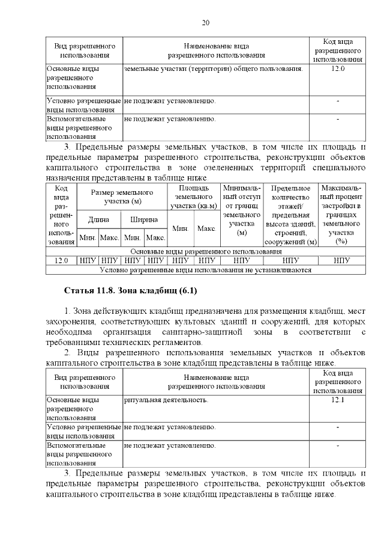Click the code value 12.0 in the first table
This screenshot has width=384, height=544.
pyautogui.click(x=337, y=69)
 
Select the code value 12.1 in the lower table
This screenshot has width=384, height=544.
pyautogui.click(x=337, y=400)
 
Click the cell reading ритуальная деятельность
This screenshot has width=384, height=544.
pyautogui.click(x=166, y=400)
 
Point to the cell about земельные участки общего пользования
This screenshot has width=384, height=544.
pyautogui.click(x=212, y=69)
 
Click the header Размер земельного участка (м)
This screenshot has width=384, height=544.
pyautogui.click(x=122, y=196)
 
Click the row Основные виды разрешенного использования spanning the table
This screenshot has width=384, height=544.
pyautogui.click(x=206, y=251)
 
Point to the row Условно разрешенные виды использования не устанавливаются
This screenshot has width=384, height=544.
pyautogui.click(x=206, y=270)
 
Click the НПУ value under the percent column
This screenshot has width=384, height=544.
pyautogui.click(x=341, y=260)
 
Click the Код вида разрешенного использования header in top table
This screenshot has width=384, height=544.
pyautogui.click(x=337, y=50)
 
